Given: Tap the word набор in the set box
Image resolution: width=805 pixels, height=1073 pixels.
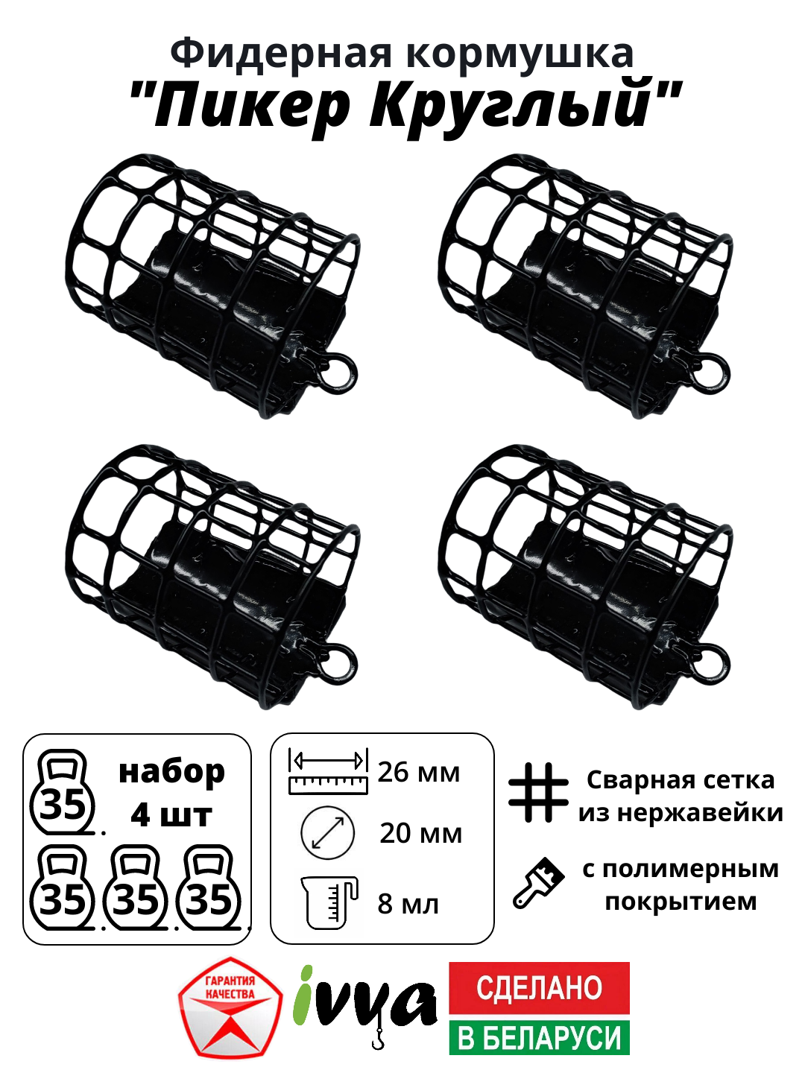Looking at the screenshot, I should pos(171,773).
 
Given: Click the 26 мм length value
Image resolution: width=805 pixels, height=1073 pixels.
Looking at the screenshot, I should pos(418,773).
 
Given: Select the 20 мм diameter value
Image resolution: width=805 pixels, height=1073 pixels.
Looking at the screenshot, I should pos(420,833).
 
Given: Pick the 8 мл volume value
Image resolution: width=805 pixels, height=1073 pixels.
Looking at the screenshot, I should pos(408,904).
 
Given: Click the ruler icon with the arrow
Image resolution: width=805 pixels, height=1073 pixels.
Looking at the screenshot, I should pos(328,772).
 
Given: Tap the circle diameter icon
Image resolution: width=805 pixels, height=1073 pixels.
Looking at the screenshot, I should pos(327,832).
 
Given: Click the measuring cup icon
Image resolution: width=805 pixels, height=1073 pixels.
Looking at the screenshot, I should pos(329,902).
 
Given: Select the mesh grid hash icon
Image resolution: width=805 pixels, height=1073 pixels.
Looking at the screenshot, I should pos(537,792).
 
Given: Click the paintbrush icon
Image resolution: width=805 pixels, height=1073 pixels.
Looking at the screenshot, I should pos(538,883).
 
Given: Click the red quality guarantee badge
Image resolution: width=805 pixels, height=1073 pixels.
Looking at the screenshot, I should pos(230,1007).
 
